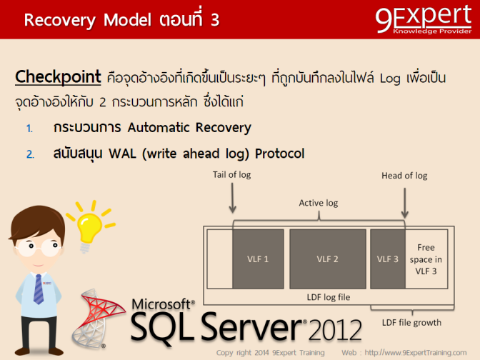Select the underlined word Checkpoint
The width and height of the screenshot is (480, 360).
pyautogui.click(x=58, y=76)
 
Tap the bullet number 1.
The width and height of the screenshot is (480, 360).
pyautogui.click(x=29, y=129)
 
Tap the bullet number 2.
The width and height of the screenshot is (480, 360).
pyautogui.click(x=30, y=154)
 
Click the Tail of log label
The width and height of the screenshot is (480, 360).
pyautogui.click(x=232, y=175)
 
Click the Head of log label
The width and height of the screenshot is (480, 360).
pyautogui.click(x=404, y=176)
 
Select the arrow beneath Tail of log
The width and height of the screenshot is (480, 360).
pyautogui.click(x=232, y=198)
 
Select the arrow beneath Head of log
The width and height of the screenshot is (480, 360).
pyautogui.click(x=405, y=201)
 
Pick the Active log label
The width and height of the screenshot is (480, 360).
pyautogui.click(x=318, y=204)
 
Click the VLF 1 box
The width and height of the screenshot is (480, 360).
pyautogui.click(x=257, y=259)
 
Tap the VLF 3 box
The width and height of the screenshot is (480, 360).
pyautogui.click(x=387, y=259)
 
